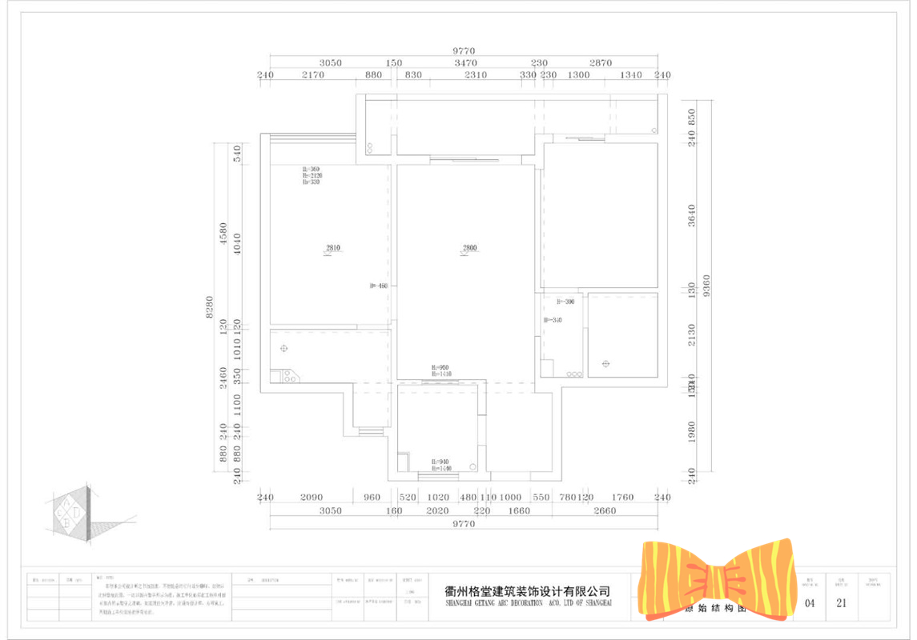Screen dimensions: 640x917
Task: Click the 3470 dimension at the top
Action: [x=465, y=62]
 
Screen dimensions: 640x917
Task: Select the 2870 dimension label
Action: [x=601, y=62]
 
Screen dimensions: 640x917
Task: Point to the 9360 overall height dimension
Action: [x=706, y=289]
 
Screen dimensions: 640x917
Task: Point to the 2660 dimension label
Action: [x=605, y=510]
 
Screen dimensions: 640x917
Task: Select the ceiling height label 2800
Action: [x=469, y=248]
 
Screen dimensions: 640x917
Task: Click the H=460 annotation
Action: [x=378, y=286]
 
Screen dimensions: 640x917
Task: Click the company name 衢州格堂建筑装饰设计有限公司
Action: [x=528, y=591]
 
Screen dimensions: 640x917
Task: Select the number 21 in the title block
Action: [x=841, y=603]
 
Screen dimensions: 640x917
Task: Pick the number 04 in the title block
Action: [x=810, y=603]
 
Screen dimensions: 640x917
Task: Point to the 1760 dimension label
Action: [x=621, y=498]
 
